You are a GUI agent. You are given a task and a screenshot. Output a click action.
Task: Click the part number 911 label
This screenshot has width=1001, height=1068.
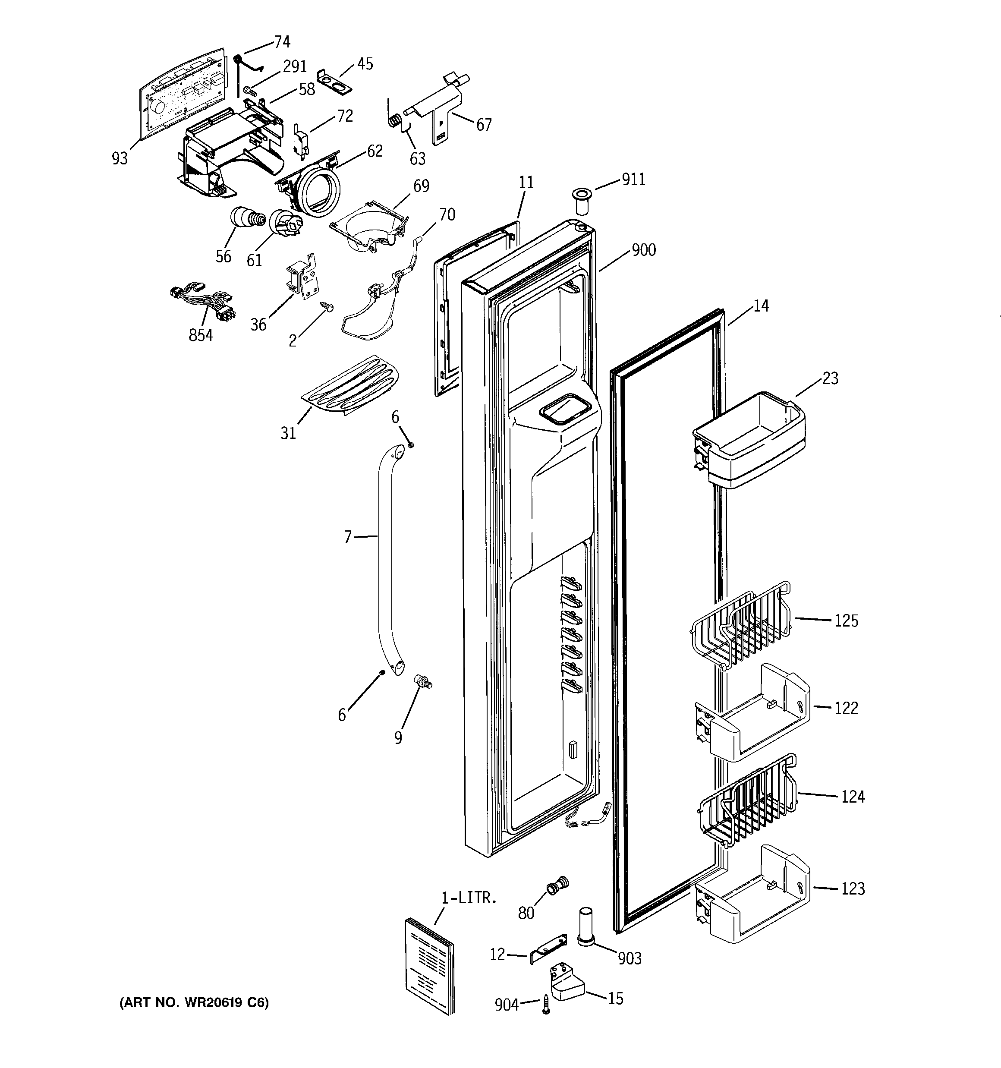(633, 179)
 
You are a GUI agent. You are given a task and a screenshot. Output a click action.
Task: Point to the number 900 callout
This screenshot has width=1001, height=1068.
(644, 250)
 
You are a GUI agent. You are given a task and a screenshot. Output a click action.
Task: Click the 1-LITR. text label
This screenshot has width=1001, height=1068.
(469, 898)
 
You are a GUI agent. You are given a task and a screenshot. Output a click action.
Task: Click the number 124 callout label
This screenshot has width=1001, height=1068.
(853, 796)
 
